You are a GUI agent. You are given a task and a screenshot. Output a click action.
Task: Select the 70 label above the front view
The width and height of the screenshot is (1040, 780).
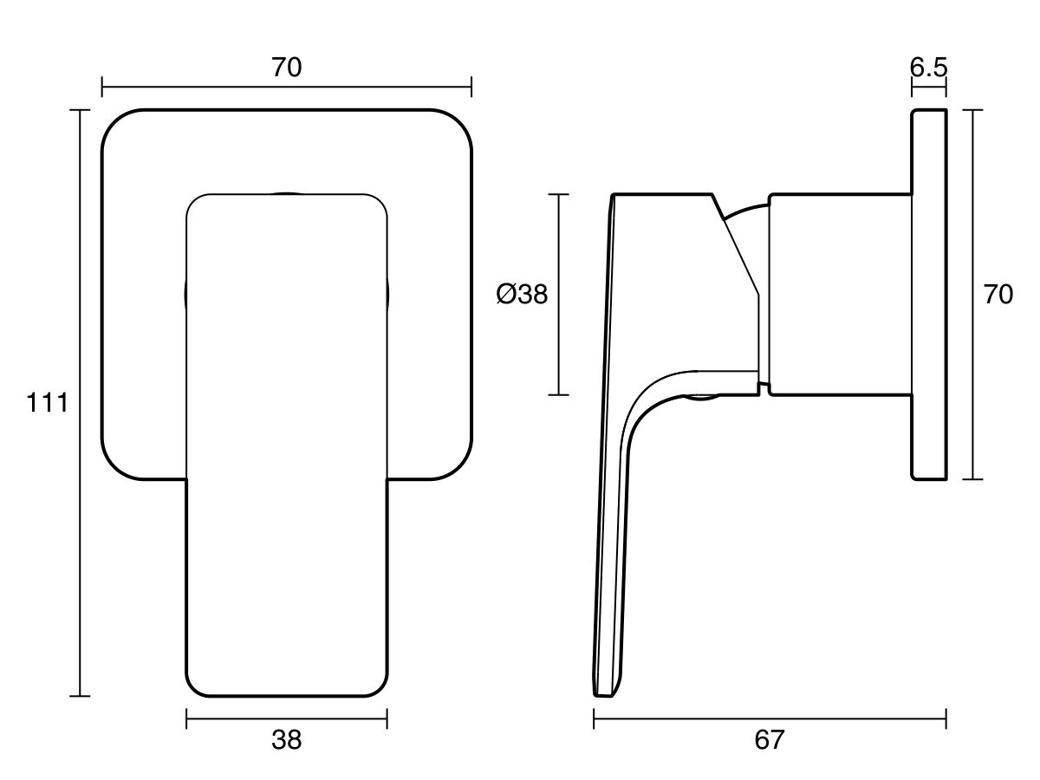[287, 68]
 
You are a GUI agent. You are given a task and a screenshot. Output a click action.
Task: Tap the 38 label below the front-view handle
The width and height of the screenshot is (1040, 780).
[287, 740]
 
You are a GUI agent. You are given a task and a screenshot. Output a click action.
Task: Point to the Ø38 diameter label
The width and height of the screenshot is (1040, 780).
[522, 295]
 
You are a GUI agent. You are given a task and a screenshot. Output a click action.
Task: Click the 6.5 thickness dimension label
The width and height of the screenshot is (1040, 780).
[928, 68]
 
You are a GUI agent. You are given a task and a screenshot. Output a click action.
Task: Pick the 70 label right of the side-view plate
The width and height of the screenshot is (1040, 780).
[998, 295]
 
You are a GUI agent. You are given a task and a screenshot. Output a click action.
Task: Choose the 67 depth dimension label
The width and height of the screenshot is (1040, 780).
[769, 740]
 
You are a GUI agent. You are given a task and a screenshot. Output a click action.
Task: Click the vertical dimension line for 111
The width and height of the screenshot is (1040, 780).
[81, 520]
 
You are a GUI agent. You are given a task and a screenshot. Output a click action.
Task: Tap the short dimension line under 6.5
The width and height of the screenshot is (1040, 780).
[928, 87]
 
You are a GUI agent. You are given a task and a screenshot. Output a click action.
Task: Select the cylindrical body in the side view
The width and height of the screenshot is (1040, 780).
[839, 295]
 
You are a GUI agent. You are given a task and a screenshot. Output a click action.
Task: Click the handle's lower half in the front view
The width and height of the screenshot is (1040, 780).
[287, 589]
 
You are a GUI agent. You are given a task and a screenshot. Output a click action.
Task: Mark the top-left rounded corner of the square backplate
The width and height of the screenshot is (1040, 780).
[117, 125]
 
